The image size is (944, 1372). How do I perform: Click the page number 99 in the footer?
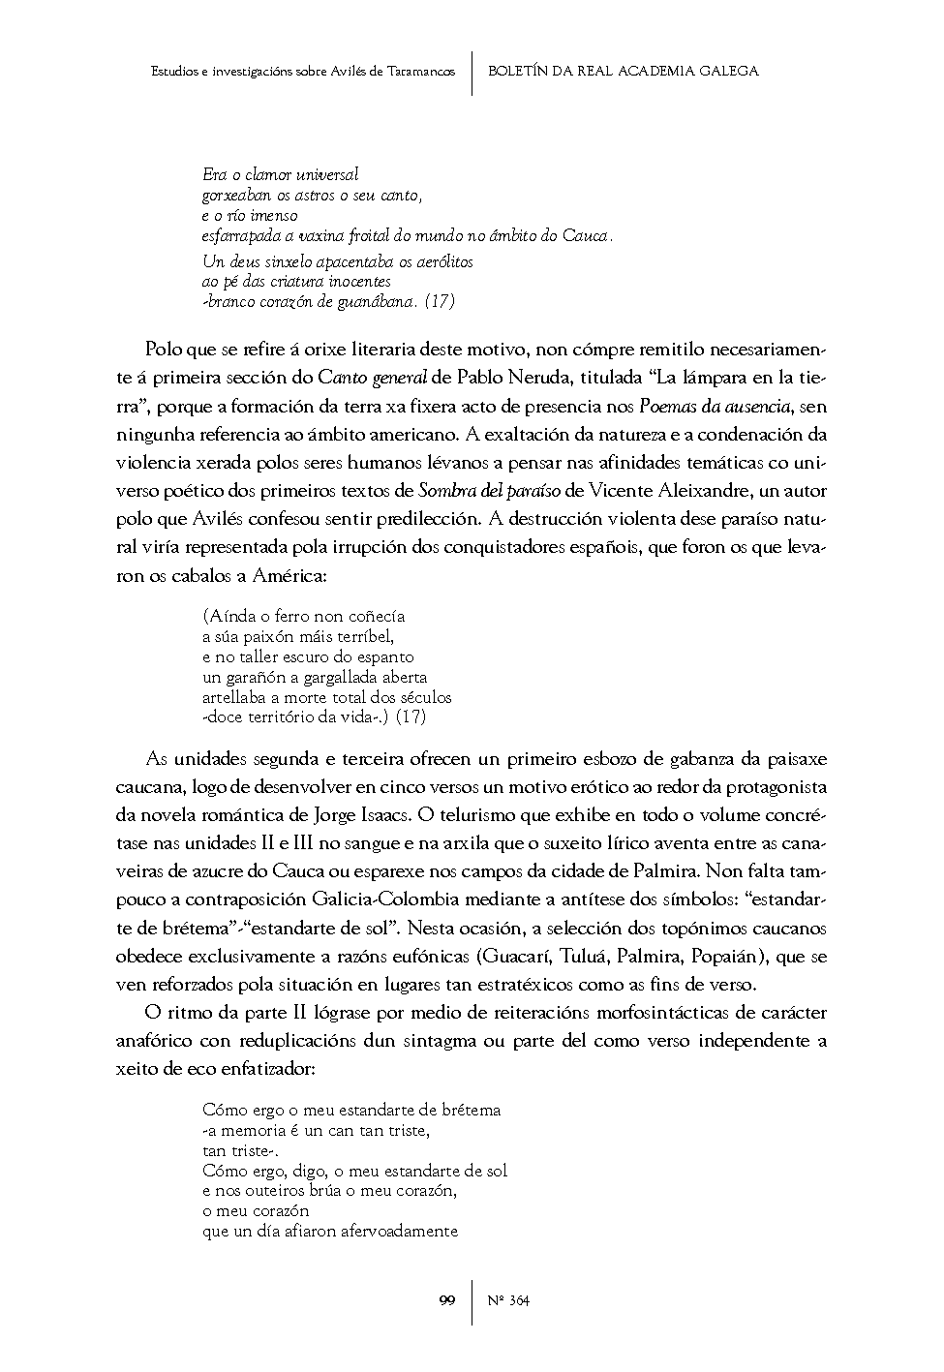point(446,1300)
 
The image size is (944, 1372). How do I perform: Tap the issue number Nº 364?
point(507,1300)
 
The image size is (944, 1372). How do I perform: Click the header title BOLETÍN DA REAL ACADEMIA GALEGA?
point(624,71)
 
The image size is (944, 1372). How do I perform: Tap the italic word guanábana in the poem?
point(381,301)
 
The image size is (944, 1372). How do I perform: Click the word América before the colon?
point(287,576)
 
